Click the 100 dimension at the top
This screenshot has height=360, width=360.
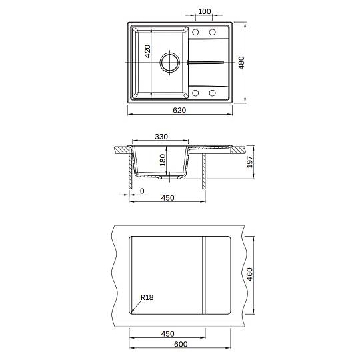click(205, 11)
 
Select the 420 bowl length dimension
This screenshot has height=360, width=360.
click(147, 51)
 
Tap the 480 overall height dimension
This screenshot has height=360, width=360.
click(241, 63)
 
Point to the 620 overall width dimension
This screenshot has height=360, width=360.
click(179, 110)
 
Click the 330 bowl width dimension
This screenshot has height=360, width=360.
click(161, 137)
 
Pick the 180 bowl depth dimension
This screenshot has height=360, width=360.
click(163, 160)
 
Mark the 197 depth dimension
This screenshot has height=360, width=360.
click(249, 161)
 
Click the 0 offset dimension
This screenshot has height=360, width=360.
click(142, 191)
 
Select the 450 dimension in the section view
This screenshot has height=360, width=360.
click(167, 198)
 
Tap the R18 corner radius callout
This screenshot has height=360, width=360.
click(147, 297)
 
